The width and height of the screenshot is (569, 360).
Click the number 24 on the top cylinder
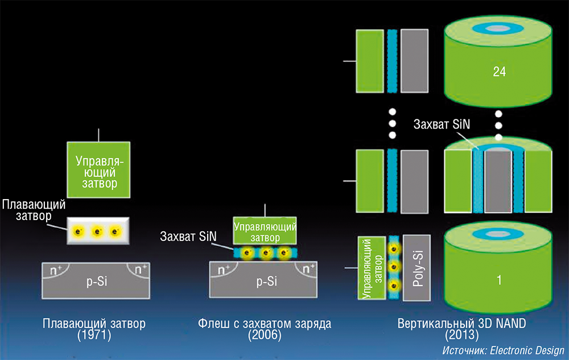click(500, 72)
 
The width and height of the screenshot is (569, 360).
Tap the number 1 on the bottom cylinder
click(498, 280)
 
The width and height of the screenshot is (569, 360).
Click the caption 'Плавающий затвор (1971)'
click(94, 329)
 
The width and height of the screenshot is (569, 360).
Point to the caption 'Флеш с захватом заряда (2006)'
click(265, 329)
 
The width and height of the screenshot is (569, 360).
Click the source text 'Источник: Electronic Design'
click(503, 350)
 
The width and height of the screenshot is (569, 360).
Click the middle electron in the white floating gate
click(97, 231)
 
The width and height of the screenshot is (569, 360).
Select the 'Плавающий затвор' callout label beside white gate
click(34, 209)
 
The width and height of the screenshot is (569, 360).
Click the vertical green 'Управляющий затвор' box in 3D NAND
click(368, 267)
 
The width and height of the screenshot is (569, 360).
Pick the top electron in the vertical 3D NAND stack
click(392, 249)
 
